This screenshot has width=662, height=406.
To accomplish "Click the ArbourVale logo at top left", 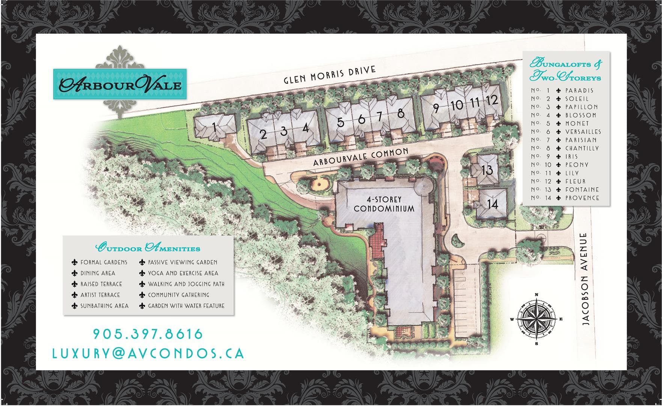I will (x=120, y=84).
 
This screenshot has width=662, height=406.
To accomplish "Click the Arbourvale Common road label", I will (x=360, y=157).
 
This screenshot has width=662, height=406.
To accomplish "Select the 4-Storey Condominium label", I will (x=384, y=204).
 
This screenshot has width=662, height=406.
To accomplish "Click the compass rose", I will (x=536, y=319).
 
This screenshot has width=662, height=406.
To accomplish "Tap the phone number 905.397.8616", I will (x=148, y=334).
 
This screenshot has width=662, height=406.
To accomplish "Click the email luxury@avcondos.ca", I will (x=148, y=353).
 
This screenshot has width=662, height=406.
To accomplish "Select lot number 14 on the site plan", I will (x=493, y=204).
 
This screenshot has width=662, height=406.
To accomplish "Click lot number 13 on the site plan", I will (x=487, y=170).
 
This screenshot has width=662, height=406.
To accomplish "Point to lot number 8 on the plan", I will (x=401, y=113).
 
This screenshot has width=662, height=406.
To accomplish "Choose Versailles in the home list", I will (x=583, y=132).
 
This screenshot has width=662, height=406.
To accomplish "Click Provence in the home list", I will (x=582, y=198).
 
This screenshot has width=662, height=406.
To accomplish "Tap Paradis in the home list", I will (x=579, y=91).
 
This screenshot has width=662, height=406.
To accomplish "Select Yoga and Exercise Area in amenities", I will (x=183, y=273).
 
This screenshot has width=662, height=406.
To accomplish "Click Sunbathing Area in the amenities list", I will (x=104, y=306).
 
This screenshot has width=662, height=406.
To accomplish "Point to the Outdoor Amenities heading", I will (x=148, y=248).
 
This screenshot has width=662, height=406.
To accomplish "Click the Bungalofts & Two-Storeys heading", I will (x=565, y=70).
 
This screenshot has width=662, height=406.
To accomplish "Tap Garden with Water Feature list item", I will (x=186, y=306).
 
